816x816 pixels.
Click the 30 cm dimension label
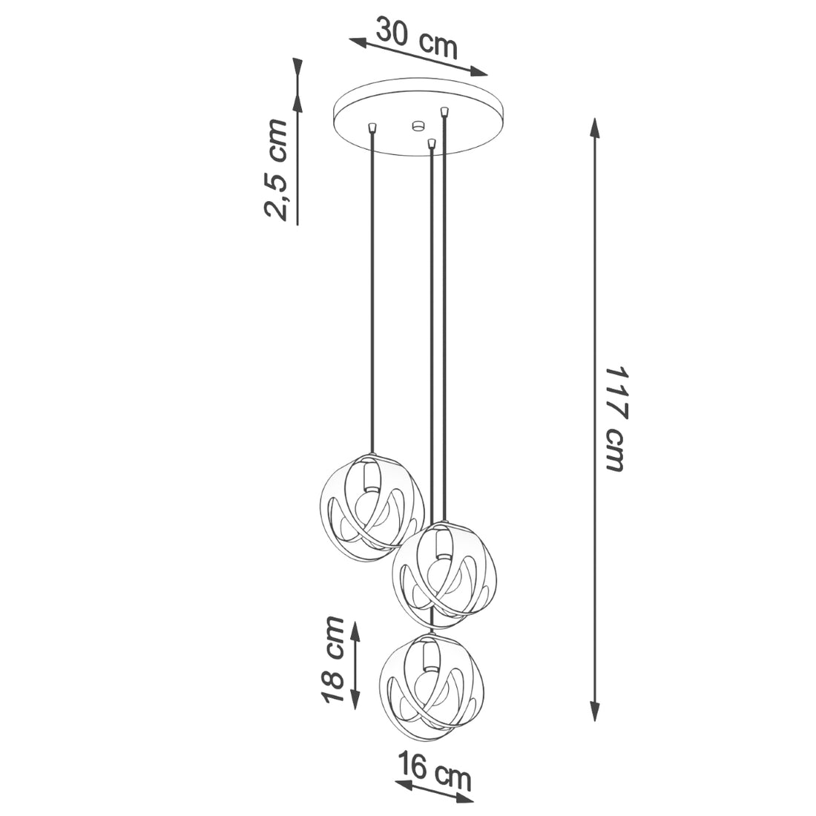pyautogui.click(x=416, y=38)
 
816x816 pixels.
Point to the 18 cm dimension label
pyautogui.click(x=332, y=659)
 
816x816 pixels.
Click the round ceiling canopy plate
pyautogui.click(x=419, y=122)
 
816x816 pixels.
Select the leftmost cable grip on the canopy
pyautogui.click(x=372, y=128)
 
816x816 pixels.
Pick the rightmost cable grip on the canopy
pyautogui.click(x=444, y=111)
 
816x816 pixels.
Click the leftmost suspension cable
pyautogui.click(x=372, y=297)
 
